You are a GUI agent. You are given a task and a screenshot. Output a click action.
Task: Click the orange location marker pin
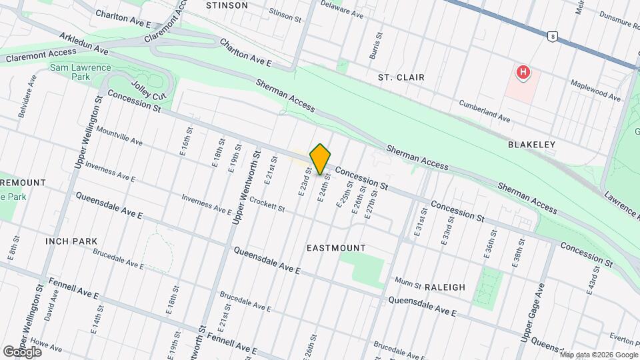321,159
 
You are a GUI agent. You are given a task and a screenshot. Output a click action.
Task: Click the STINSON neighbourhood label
227,5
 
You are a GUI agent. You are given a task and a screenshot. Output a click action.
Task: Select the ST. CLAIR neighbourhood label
401,77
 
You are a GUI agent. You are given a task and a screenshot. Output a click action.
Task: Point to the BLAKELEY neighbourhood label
531,144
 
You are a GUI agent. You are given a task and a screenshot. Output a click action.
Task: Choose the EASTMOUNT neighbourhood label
336,248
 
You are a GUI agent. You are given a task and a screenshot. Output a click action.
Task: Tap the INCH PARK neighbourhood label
71,241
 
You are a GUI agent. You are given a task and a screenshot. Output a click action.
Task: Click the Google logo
22,351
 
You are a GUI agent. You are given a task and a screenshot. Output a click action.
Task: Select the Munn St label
409,284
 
